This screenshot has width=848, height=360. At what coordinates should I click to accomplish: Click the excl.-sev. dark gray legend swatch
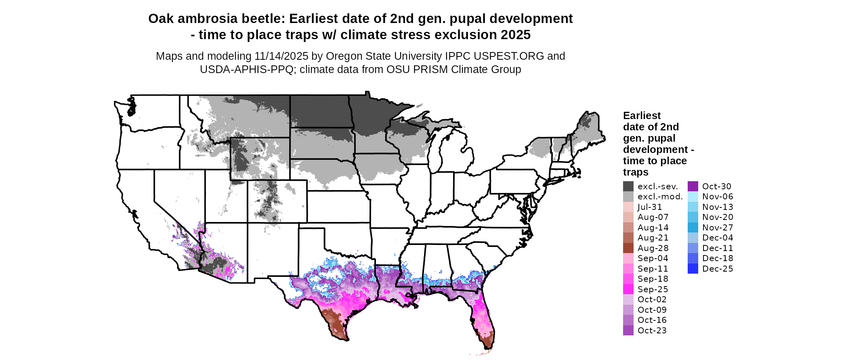pos(628,186)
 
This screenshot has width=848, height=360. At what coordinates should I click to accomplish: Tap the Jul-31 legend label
pos(650,207)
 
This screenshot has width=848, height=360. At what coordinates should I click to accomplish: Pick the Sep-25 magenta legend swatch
pos(628,289)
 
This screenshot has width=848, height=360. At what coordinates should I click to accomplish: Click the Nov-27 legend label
pos(717,228)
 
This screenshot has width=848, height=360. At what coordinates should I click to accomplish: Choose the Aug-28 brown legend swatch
pos(628,248)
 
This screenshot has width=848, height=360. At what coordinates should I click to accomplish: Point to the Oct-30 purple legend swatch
pos(693,186)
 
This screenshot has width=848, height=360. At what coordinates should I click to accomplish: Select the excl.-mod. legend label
pos(660,197)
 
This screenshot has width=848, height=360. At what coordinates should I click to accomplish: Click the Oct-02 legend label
pos(652,299)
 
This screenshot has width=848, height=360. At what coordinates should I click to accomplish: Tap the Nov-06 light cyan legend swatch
pos(693,197)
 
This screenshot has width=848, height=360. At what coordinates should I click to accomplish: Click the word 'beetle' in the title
pos(263,19)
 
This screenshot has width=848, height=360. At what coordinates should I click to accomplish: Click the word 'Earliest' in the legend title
pos(642,116)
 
